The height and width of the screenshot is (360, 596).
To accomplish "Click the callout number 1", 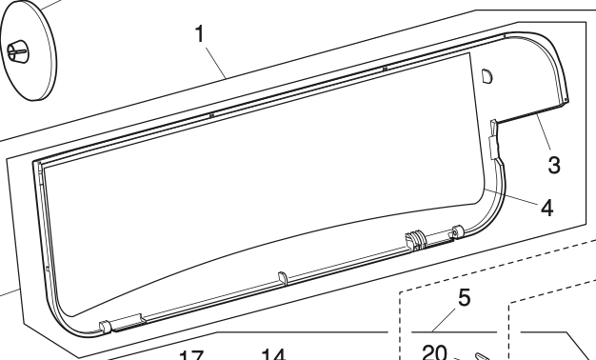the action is click(x=200, y=34).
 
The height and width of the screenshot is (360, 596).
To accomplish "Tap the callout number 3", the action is click(x=553, y=164).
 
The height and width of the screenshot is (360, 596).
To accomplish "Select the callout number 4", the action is click(x=546, y=207).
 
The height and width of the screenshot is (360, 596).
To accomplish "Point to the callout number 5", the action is click(x=464, y=297).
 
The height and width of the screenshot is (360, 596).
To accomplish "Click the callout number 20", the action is click(x=434, y=352).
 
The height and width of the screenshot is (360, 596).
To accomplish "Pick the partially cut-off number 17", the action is click(x=190, y=356).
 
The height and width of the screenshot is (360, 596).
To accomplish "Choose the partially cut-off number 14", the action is click(x=272, y=355).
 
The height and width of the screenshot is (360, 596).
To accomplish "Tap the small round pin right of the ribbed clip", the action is click(x=457, y=230).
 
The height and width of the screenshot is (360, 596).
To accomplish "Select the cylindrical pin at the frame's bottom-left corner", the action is click(x=105, y=327).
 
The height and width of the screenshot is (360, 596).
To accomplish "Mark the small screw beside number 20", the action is click(x=482, y=356).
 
